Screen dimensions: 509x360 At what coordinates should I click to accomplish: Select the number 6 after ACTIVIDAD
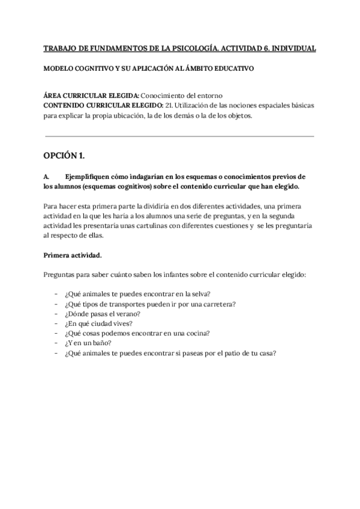point(257,48)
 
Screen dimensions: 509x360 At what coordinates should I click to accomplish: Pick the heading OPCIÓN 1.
point(64,156)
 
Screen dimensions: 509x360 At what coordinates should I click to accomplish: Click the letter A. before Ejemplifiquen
point(47,176)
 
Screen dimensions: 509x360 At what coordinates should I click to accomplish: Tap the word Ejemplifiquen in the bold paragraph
point(88,176)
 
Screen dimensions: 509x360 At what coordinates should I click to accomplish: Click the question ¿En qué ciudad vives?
point(93,324)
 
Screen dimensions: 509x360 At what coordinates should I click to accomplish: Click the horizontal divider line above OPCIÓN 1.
point(179,136)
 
